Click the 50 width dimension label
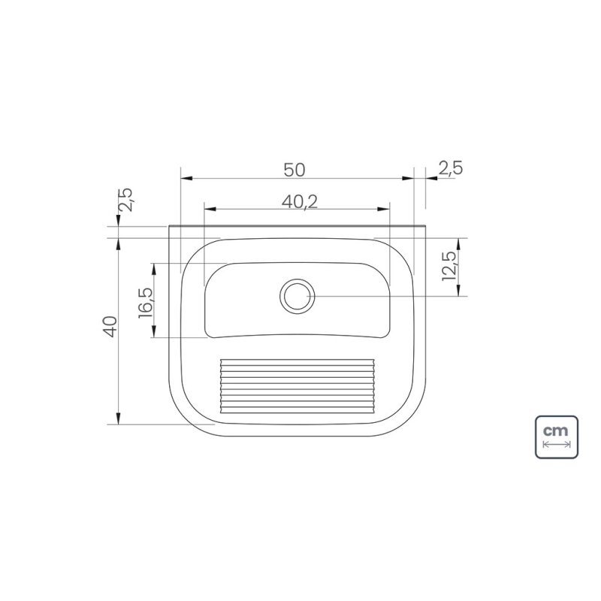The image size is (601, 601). point(294,170)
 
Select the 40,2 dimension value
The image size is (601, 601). point(300,201)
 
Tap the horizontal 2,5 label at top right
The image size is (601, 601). point(451,168)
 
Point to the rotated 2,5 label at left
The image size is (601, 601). point(125,200)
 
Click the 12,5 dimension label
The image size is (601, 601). point(449,266)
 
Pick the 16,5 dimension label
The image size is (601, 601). point(146,304)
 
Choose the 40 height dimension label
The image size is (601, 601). point(110,327)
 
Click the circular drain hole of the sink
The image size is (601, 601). point(297,296)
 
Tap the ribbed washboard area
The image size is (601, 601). point(297,386)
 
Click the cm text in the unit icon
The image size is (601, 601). point(556,430)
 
